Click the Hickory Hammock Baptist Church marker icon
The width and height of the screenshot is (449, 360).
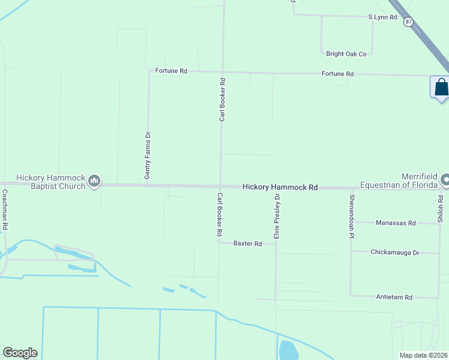[x=94, y=181]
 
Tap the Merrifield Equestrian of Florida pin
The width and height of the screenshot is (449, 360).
[x=445, y=179]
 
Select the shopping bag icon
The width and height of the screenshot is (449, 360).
[x=441, y=87]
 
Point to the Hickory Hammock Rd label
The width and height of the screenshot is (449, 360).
[x=280, y=187]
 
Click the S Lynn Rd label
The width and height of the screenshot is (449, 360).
[x=383, y=17]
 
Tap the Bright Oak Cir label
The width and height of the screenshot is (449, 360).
[x=346, y=54]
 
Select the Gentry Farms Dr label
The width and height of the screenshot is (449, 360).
[x=147, y=156]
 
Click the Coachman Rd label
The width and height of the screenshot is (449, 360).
[x=5, y=210]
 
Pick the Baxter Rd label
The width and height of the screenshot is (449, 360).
[x=248, y=244]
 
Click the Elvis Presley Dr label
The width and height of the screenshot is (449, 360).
[x=277, y=216]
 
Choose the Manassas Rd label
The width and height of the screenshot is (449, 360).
[x=396, y=223]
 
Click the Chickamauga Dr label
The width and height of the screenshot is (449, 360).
[x=395, y=253]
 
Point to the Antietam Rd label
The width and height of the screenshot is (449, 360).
[x=394, y=297]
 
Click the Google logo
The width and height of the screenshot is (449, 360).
[x=20, y=353]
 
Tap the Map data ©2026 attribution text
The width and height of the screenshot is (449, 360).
[x=423, y=355]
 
